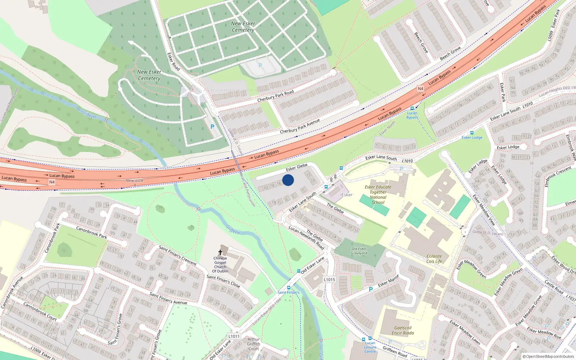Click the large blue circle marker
288,180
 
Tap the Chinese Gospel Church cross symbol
220,252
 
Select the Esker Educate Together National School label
378,195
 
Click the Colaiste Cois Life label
434,259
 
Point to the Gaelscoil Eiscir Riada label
403,330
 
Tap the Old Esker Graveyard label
359,251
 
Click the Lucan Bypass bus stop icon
412,108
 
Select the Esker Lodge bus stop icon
472,133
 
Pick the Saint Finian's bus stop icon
289,288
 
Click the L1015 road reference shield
329,279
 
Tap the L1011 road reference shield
234,336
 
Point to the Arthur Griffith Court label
253,344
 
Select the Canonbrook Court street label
40,311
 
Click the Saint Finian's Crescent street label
177,256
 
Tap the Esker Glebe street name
297,167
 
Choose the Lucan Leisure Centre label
370,347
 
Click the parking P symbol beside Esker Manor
371,289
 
